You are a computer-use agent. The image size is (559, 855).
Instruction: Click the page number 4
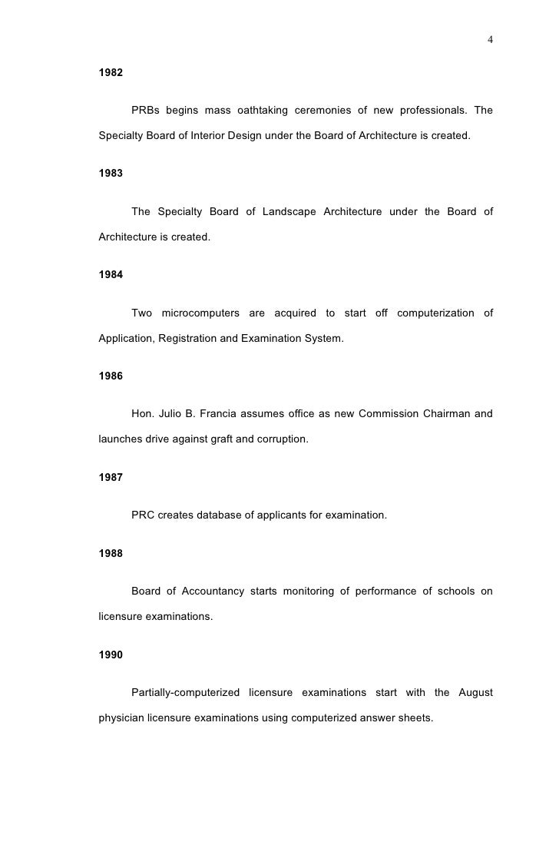[x=490, y=40]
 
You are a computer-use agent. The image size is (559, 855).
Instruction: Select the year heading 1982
[x=111, y=75]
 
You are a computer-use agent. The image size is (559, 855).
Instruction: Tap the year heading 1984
[x=111, y=275]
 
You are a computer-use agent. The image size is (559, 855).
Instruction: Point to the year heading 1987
[x=111, y=477]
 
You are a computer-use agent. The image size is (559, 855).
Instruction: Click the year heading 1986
[x=111, y=376]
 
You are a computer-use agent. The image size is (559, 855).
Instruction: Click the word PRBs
[x=146, y=110]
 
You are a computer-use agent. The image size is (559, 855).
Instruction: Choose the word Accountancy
[x=211, y=591]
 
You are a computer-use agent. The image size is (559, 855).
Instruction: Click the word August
[x=475, y=692]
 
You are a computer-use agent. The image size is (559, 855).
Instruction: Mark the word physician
[x=123, y=717]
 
